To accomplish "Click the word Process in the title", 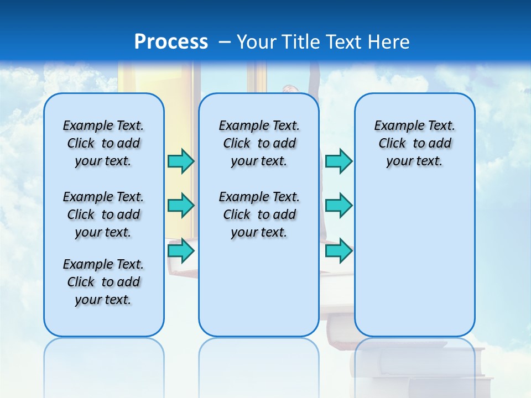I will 171,41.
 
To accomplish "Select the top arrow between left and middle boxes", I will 181,161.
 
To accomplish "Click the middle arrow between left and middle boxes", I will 181,206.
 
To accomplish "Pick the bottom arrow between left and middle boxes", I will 181,250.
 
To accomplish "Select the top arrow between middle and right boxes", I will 339,161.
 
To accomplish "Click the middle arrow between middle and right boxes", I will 339,206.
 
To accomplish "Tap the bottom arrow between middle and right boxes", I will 339,250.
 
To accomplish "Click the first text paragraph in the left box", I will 103,143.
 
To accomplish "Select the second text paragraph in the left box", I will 103,214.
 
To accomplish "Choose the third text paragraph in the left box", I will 103,282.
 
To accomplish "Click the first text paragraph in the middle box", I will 259,143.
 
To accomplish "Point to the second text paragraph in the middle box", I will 259,214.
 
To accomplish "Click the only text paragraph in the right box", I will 414,143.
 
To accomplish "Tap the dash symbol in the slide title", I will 224,41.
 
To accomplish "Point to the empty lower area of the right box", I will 414,265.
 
